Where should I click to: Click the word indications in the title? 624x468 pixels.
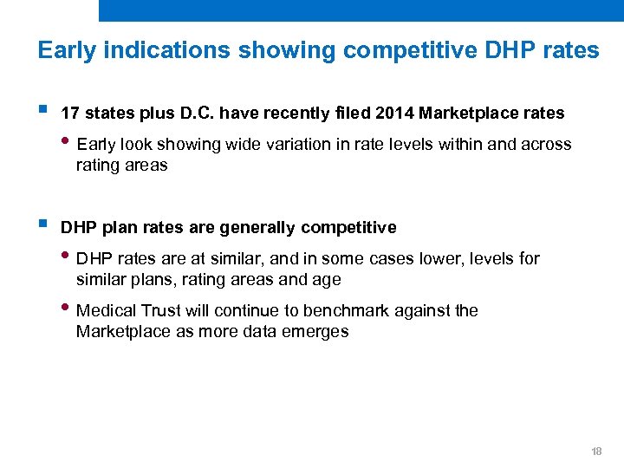162,50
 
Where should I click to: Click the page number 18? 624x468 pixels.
595,452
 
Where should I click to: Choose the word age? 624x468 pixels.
327,280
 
